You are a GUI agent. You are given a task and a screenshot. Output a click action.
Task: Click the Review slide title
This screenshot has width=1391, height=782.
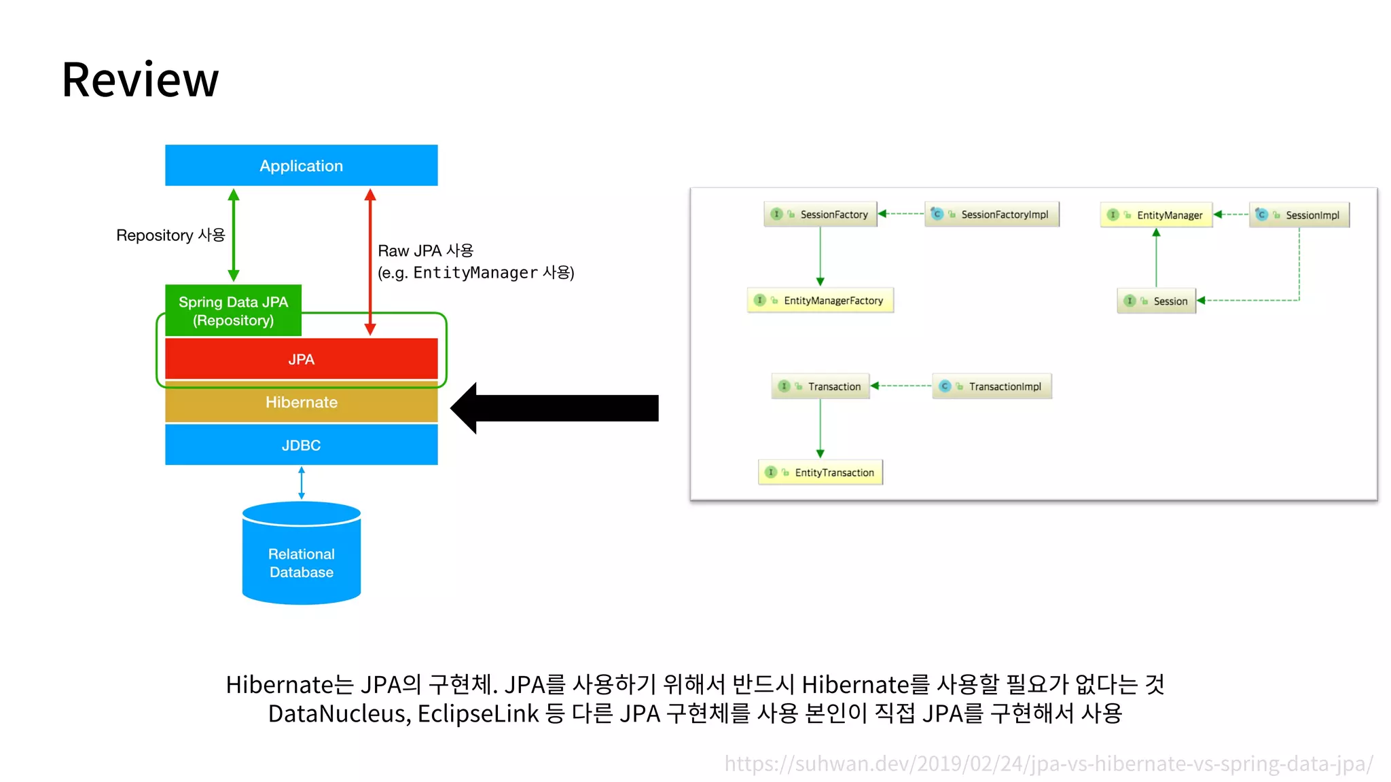point(140,80)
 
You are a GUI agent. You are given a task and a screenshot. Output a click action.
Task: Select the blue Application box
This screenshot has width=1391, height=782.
point(301,165)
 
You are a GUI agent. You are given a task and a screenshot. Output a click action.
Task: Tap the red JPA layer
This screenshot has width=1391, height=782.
point(301,359)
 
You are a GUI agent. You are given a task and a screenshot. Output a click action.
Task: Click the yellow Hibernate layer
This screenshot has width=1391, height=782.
point(301,403)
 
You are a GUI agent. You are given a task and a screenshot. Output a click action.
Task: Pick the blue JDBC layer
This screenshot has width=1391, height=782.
point(301,445)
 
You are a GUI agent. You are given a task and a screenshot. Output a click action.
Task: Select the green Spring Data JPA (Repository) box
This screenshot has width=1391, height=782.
point(233,310)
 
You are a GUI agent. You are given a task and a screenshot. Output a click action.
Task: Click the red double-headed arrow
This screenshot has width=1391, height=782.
point(370,262)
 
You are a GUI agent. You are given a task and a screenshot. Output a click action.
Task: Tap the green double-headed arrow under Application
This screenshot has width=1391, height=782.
point(234,235)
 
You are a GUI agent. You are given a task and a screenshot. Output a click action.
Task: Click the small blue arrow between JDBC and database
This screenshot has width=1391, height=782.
point(302,483)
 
